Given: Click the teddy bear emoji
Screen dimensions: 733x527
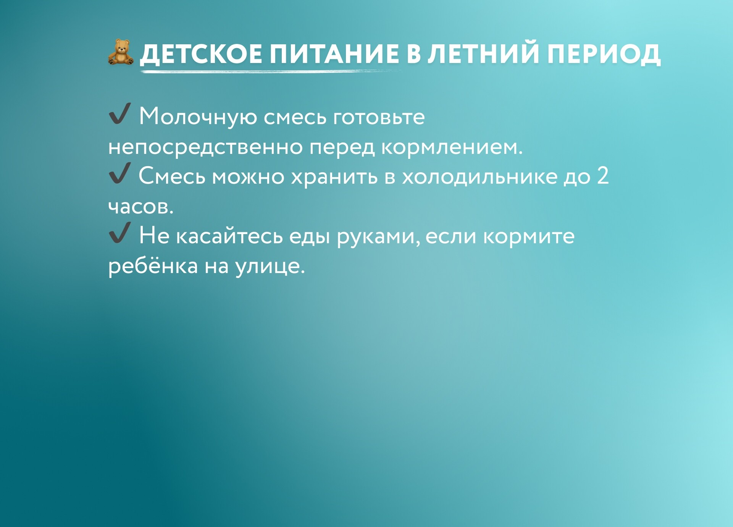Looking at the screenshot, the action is coord(121,52).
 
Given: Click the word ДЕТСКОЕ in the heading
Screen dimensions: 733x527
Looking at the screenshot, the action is coord(201,54).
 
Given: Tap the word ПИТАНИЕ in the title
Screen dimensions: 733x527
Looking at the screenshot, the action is coord(334,53).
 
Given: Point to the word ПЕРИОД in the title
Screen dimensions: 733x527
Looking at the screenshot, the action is coord(604,54).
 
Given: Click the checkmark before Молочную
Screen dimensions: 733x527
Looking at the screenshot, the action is coord(120,113).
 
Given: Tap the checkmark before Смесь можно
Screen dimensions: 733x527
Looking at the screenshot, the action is coord(120,173).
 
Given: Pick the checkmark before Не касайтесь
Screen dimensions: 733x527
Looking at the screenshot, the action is coord(120,233).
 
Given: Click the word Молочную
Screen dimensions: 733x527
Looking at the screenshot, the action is coord(198,117).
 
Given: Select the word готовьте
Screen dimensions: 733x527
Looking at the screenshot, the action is coord(379,117).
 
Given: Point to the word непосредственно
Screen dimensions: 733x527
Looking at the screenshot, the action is coord(206,147).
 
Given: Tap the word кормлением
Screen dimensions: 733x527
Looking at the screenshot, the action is coord(452,147).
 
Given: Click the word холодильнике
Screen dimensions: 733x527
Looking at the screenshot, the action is coord(480,177).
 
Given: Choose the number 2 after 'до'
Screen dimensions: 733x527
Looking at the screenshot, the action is coord(603,176).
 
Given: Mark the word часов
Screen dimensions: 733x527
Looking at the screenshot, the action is coord(141,207).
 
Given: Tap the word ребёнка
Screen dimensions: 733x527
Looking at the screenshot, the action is coord(153,266).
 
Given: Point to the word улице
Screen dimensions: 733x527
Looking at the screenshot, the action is coord(270,267).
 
